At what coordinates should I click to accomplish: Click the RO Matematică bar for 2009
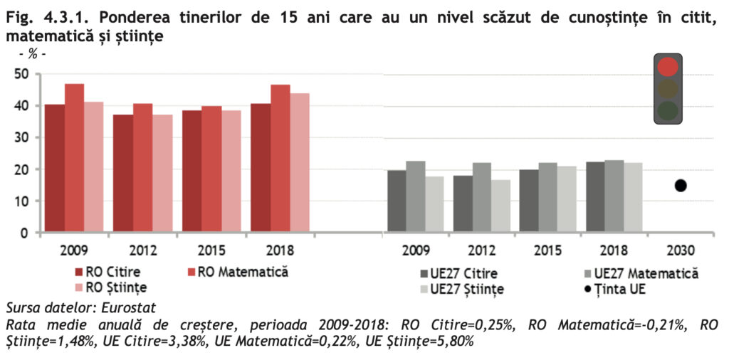(x=75, y=158)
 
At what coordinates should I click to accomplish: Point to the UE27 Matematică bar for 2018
(x=614, y=196)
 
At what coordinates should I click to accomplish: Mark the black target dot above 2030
(x=681, y=186)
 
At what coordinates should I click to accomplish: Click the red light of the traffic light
(x=668, y=67)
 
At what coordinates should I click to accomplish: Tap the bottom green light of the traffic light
(x=668, y=110)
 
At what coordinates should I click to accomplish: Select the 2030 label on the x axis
(x=680, y=250)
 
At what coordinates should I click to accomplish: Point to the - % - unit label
(x=32, y=54)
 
